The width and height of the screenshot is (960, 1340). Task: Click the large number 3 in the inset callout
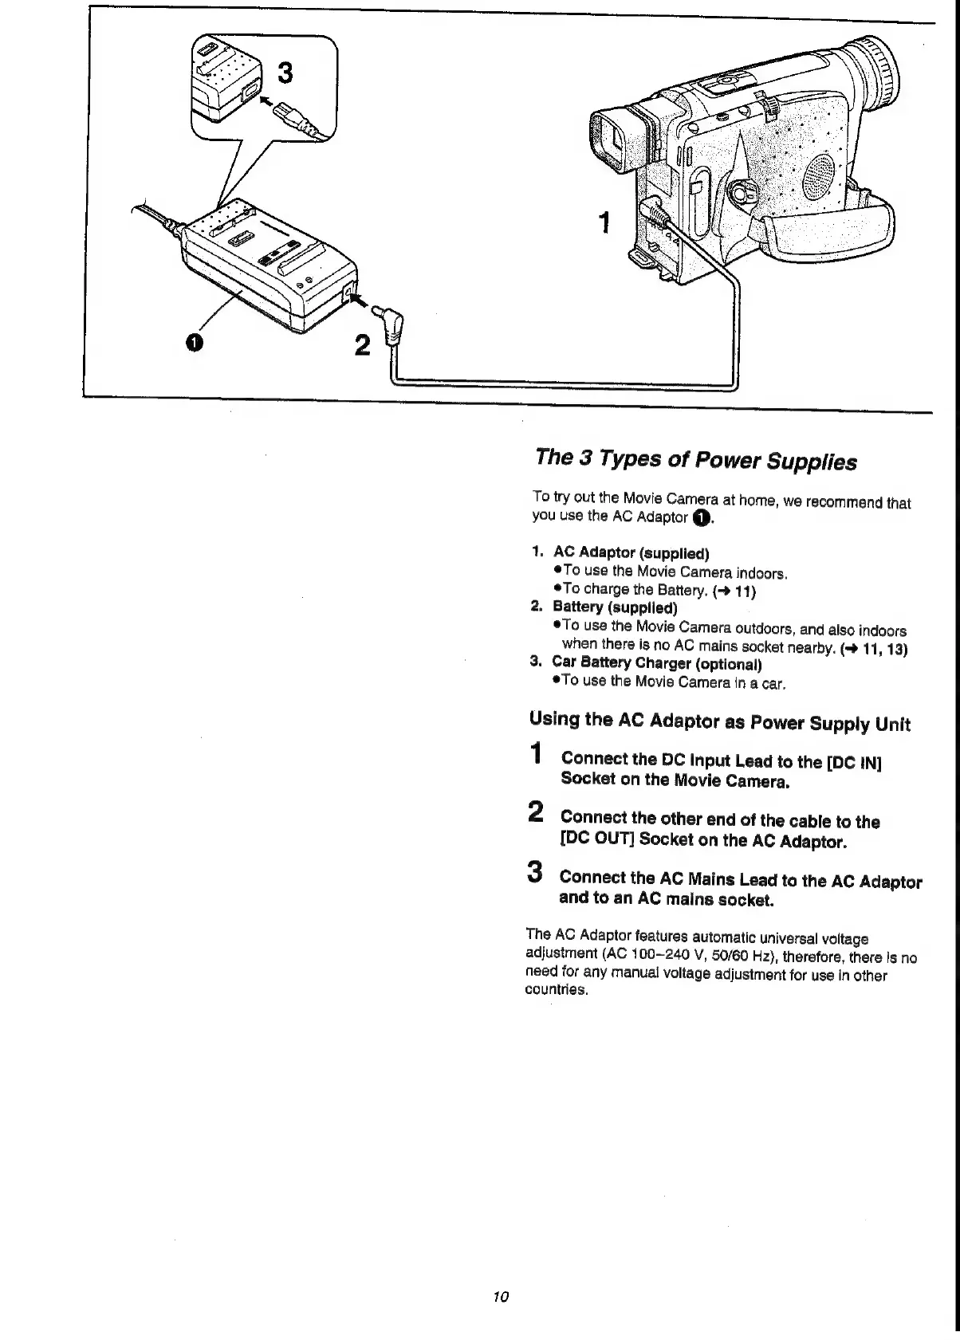point(284,73)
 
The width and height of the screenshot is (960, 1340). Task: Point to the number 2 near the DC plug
point(362,345)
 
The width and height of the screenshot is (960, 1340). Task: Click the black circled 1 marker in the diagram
point(192,342)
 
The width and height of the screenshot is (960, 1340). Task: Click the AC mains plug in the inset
point(294,119)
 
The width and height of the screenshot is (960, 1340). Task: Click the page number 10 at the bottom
point(501,1295)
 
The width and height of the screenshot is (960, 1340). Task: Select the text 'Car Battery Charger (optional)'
point(657,663)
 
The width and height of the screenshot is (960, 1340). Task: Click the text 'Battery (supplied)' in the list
point(615,607)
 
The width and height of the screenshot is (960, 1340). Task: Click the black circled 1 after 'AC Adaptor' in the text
point(699,518)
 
